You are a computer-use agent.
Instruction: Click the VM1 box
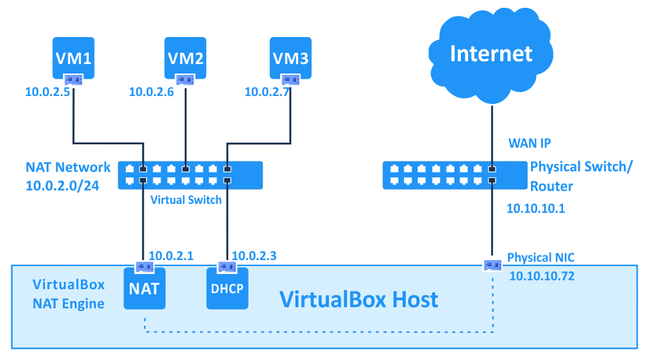73,58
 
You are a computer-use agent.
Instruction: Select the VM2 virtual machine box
185,58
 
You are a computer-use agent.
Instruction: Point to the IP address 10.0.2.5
48,93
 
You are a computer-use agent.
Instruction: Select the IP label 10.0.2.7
267,93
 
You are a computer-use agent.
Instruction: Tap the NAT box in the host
144,289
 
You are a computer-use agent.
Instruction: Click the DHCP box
227,289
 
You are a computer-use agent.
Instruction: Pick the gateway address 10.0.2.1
171,255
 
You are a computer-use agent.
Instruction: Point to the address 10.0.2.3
254,255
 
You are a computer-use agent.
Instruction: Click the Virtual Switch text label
186,199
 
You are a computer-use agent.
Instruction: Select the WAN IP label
529,143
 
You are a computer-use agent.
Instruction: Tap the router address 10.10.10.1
535,208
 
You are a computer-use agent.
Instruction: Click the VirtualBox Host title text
358,299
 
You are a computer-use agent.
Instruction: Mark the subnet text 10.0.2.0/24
62,186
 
